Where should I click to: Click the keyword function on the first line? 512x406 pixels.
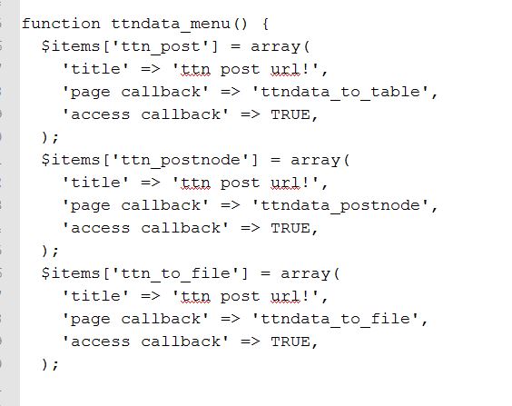[61, 24]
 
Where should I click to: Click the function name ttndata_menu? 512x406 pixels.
[171, 25]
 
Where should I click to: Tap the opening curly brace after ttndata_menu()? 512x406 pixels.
[265, 25]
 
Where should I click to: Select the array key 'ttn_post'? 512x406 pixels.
[161, 46]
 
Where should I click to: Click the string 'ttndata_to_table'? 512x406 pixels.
[341, 92]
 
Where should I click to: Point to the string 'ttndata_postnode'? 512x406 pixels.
[341, 205]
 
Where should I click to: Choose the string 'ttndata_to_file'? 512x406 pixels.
[336, 319]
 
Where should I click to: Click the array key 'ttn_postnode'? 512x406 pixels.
[181, 161]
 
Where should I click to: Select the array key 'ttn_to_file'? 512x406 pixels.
[176, 274]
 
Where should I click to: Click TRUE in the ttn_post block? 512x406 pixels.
[290, 114]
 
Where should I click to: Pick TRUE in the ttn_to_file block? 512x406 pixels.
[290, 342]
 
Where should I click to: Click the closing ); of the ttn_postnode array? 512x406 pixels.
[50, 252]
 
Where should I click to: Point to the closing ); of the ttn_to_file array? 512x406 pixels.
[50, 365]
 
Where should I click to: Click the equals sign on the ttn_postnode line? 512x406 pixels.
[275, 161]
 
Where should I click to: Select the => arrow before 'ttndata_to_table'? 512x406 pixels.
[231, 92]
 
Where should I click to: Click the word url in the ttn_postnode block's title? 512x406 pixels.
[285, 183]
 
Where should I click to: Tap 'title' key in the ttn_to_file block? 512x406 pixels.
[96, 296]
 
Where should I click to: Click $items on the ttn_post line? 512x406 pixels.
[71, 46]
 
